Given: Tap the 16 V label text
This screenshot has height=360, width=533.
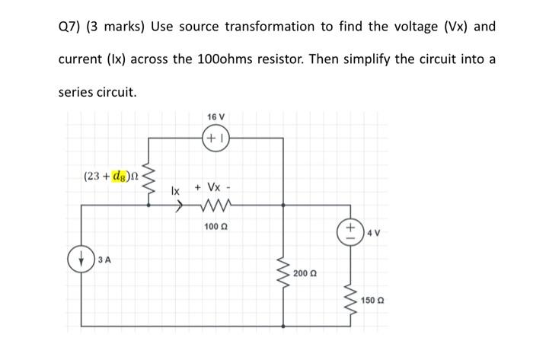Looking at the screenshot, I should tap(216, 116).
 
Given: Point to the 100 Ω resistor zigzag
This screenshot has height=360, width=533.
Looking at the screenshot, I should tap(215, 204).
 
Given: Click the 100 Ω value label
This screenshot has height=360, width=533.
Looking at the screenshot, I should tap(215, 226).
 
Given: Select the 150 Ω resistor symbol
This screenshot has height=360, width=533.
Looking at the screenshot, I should tap(350, 298).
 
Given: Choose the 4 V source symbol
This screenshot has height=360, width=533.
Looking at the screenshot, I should tap(351, 230).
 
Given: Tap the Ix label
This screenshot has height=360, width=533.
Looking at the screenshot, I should tap(176, 190).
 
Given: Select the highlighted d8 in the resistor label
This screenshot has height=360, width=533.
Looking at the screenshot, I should tap(120, 177).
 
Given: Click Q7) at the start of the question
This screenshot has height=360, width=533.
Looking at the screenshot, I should tap(70, 27).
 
